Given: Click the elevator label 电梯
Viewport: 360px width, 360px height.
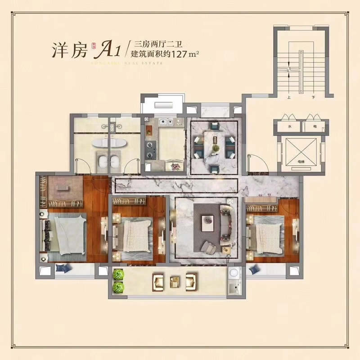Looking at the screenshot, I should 301,161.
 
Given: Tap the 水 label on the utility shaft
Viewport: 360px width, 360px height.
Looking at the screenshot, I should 290,127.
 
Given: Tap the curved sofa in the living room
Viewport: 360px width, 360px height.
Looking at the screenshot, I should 227,223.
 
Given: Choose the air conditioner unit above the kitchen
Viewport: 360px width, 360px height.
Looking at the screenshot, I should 162,106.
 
